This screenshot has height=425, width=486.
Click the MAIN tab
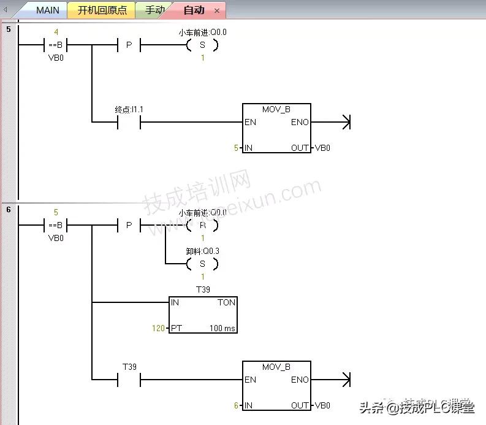point(47,10)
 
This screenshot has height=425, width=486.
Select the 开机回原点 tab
point(102,10)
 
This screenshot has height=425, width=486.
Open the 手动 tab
point(154,10)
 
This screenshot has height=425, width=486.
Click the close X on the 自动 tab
point(217,11)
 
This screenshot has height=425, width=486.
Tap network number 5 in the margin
point(8,29)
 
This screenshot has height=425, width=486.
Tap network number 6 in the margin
point(8,210)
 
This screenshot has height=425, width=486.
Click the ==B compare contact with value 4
point(55,45)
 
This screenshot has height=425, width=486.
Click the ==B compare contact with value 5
point(55,225)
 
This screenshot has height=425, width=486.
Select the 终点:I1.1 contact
point(129,122)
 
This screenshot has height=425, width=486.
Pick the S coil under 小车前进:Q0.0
point(203,45)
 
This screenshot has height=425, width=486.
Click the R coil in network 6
point(203,225)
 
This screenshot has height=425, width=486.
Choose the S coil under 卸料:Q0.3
point(203,264)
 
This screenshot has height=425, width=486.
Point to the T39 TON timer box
point(203,315)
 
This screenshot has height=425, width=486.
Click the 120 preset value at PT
point(158,328)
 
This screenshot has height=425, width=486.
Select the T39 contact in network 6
point(129,380)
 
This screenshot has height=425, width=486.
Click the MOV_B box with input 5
point(276,128)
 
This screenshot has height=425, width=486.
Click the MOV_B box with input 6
point(276,386)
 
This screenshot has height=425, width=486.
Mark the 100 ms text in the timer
point(222,328)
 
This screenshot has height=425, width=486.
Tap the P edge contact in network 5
point(129,45)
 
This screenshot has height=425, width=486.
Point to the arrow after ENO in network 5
point(344,122)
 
